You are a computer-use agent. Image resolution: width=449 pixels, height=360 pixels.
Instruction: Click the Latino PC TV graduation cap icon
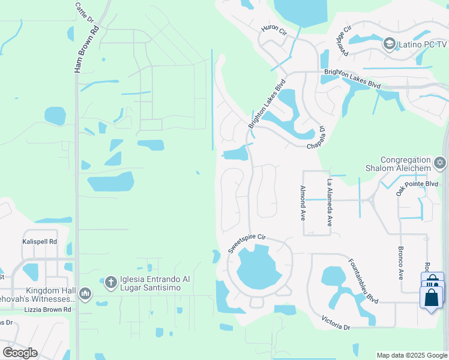pos(389,44)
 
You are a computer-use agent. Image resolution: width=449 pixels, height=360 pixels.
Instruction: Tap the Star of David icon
pos(440,163)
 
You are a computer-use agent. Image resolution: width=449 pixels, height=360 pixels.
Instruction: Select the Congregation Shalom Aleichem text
pos(406,164)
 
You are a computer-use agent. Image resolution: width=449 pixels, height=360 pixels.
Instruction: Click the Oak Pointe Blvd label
pos(417,184)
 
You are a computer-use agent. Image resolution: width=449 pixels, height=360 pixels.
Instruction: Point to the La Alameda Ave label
pos(329,202)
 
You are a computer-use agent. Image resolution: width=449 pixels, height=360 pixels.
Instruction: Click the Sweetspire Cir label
pos(246,243)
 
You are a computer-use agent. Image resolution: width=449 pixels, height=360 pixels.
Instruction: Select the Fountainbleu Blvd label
pos(363,281)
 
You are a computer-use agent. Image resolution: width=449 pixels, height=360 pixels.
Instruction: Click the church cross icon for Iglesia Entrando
pos(110,281)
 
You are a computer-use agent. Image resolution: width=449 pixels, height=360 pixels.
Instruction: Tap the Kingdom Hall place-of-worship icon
pos(85,293)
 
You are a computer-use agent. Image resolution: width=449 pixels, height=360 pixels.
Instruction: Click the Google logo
pos(20,353)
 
